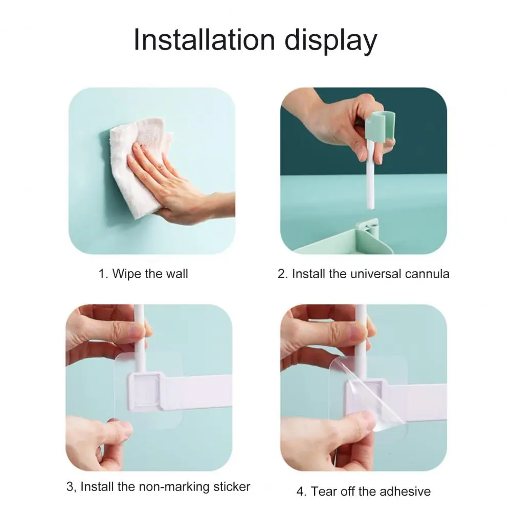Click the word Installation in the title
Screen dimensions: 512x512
point(205,40)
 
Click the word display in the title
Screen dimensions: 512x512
point(331,41)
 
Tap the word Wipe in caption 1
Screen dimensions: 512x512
point(127,274)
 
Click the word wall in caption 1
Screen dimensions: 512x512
point(177,274)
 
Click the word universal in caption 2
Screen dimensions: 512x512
point(375,274)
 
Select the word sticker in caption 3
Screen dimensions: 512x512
point(232,486)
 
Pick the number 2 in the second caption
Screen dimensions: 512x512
point(281,274)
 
